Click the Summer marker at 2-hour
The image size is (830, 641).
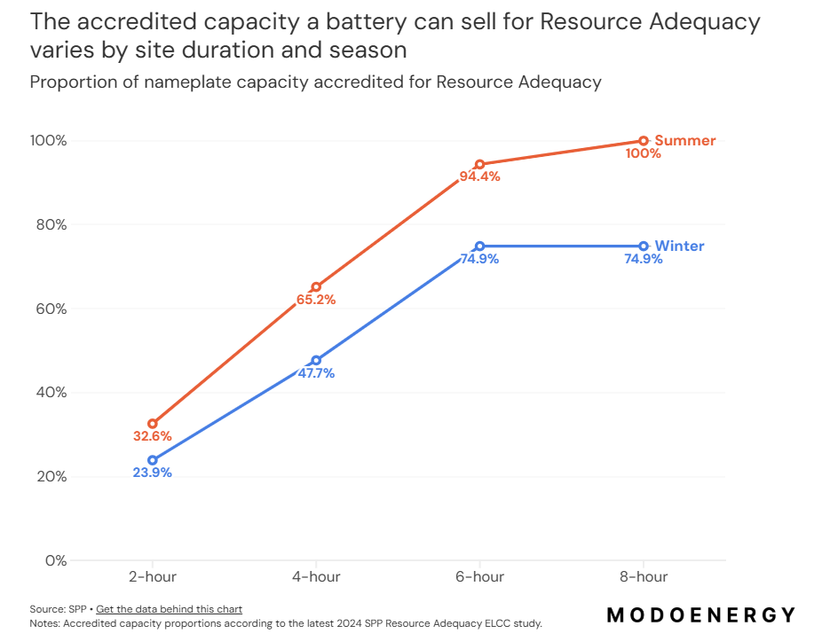coord(153,424)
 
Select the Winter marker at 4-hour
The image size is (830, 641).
coord(316,360)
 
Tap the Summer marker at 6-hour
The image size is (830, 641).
coord(480,164)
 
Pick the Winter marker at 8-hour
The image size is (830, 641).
coord(644,246)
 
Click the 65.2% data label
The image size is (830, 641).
coord(316,300)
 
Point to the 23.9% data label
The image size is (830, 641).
coord(153,473)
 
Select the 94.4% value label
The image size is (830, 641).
coord(480,176)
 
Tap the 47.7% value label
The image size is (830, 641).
coord(316,373)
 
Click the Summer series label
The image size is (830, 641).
coord(684,141)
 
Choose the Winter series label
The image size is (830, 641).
coord(679,246)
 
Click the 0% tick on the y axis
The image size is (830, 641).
coord(55,560)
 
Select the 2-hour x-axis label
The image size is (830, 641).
coord(153,577)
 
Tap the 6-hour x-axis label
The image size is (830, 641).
coord(480,577)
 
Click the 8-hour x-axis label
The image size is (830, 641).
coord(644,577)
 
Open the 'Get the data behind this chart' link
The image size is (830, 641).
coord(169,609)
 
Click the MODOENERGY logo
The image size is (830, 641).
coord(700,614)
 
